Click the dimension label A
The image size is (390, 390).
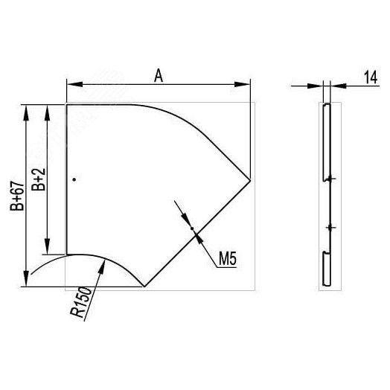coord(159,76)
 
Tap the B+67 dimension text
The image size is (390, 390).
coord(17,196)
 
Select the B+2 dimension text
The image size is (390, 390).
coord(39,179)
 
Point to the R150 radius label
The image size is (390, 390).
coord(81,302)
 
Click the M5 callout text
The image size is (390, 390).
coord(228,259)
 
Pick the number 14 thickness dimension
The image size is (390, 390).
coord(371,77)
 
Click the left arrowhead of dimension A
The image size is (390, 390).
coord(75,84)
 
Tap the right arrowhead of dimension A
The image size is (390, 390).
coord(242,84)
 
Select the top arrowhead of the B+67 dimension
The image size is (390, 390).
coord(26,112)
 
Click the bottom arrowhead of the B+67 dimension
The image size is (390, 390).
coord(26,278)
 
